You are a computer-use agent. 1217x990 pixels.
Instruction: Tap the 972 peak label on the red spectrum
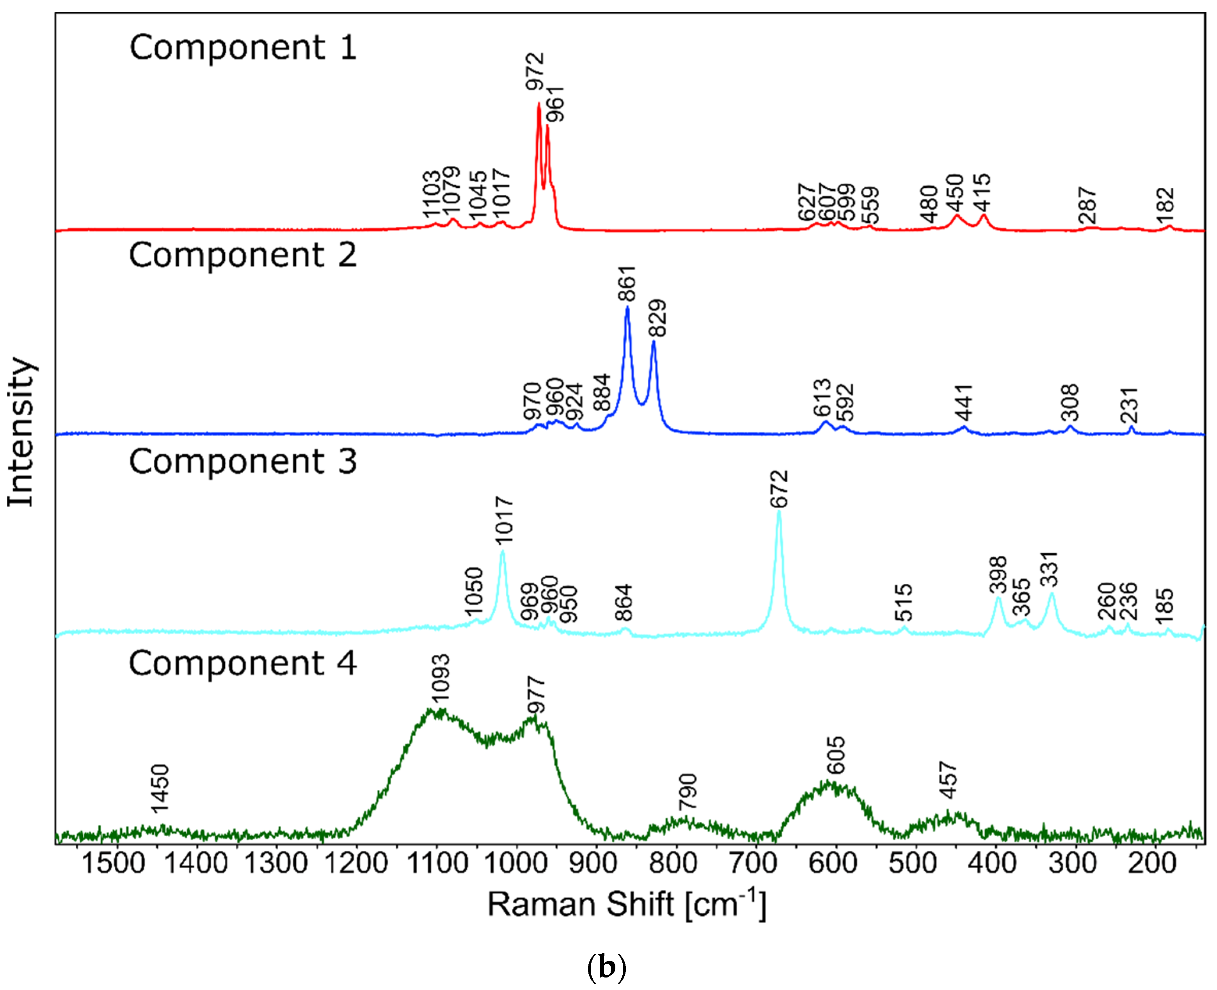535,72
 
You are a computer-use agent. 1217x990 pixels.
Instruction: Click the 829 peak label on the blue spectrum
657,318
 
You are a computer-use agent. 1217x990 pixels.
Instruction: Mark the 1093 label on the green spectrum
440,677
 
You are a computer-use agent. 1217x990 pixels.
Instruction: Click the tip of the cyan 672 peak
779,512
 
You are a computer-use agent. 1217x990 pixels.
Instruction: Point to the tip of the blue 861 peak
627,307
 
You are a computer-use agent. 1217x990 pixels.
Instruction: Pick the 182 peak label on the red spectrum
1165,206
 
